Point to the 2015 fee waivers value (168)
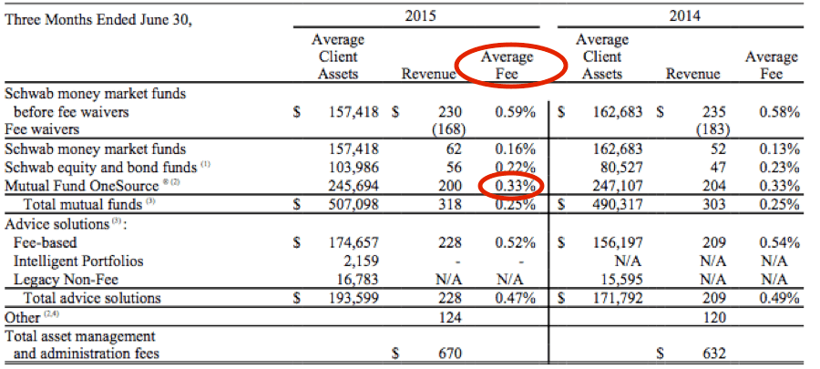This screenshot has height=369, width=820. [x=446, y=130]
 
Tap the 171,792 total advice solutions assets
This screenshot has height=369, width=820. [x=618, y=298]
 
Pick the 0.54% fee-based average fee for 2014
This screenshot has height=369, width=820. [x=779, y=242]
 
